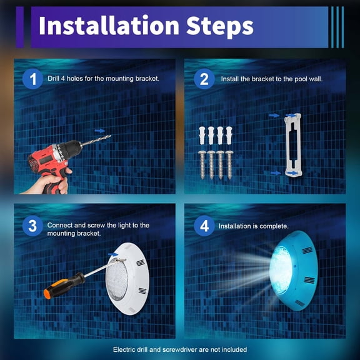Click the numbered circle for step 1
[33, 79]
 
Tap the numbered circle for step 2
[204, 79]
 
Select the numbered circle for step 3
[33, 226]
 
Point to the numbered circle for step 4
[204, 226]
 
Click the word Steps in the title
[220, 26]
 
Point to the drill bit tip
[111, 136]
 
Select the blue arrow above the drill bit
[100, 131]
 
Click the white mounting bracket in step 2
[293, 145]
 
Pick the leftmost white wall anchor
[202, 136]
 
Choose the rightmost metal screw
[229, 164]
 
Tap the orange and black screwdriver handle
[64, 286]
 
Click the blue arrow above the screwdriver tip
[113, 254]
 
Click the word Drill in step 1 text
[53, 79]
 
